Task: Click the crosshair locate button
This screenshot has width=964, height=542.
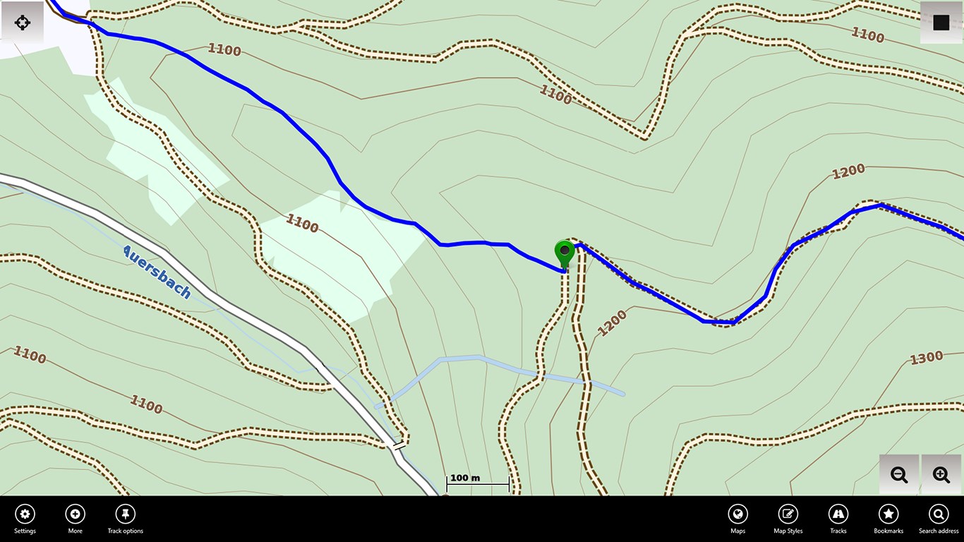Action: tap(23, 23)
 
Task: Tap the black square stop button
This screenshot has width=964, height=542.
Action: tap(941, 23)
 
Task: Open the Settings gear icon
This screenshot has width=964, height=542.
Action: tap(25, 514)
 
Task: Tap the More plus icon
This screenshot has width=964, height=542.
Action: tap(75, 514)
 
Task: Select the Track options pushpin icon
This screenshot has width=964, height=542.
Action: tap(125, 514)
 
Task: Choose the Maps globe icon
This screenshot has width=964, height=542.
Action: tap(737, 514)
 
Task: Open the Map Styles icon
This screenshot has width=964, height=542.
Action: tap(788, 514)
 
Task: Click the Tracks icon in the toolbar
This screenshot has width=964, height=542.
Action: tap(838, 514)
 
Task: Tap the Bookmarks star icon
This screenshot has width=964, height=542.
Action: tap(888, 514)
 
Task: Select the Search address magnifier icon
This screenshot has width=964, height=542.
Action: tap(939, 514)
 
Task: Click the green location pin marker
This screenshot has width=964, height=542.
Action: tap(565, 252)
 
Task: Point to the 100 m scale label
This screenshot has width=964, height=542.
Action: tap(465, 478)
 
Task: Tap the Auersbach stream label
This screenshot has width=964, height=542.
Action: tap(157, 272)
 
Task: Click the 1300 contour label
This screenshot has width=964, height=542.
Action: tap(926, 359)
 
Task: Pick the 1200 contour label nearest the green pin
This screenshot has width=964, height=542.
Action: tap(612, 323)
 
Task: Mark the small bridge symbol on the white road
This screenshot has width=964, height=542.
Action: tap(400, 445)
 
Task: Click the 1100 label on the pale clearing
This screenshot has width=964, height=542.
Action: tap(302, 224)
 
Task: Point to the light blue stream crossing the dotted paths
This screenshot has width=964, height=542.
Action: tap(480, 360)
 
